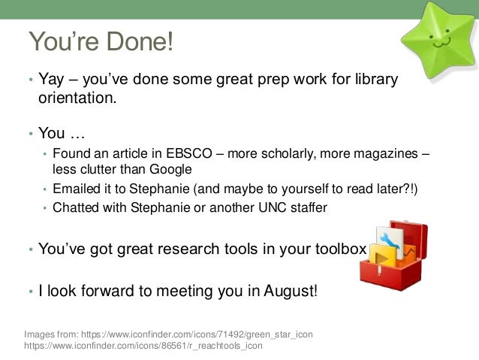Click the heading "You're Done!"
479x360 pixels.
(101, 41)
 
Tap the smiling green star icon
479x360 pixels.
(440, 39)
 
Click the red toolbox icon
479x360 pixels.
(394, 256)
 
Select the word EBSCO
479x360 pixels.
(188, 153)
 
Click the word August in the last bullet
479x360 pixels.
(291, 291)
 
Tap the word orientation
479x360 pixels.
(77, 98)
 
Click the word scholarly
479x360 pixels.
(288, 154)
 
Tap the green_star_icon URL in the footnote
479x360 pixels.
(197, 334)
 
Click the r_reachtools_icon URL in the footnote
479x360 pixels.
(143, 346)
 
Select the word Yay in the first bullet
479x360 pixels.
(51, 80)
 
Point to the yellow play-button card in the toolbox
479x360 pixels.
(382, 256)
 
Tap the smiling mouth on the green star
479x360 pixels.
(441, 43)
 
